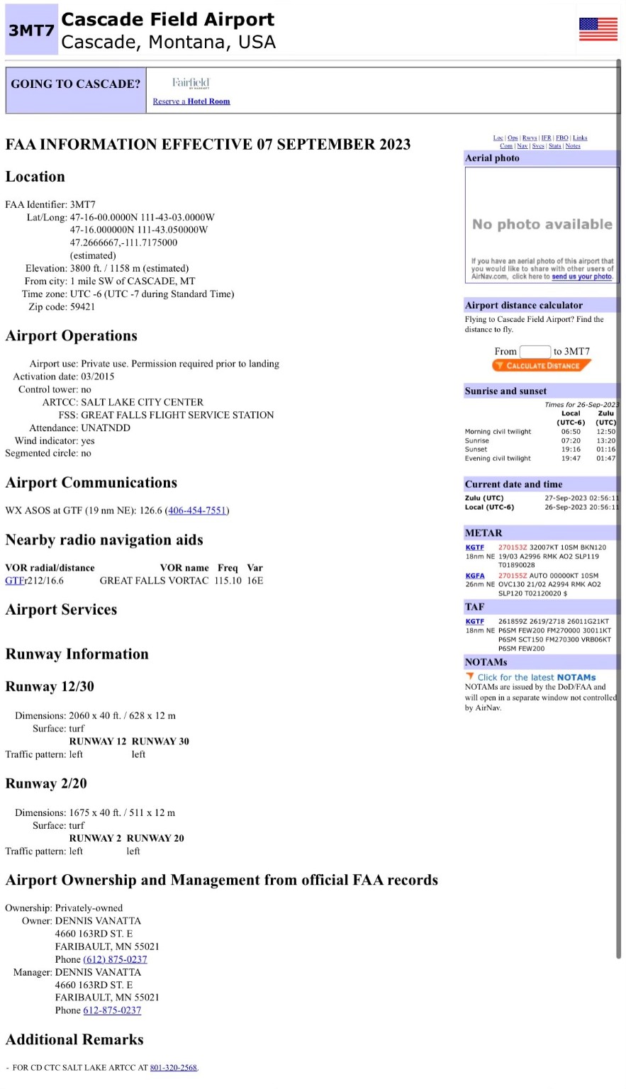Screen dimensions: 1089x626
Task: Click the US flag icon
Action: click(x=598, y=29)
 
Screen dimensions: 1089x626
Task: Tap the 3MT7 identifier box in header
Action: click(x=31, y=30)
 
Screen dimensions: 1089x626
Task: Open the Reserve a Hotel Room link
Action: click(x=191, y=101)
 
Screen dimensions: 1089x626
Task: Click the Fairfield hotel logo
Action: click(x=191, y=84)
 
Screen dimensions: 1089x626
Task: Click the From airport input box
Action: click(x=535, y=352)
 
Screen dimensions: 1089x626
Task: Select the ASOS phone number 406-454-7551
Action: click(x=197, y=510)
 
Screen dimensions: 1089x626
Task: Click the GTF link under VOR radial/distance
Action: click(x=14, y=581)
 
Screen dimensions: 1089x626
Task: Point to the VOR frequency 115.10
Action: click(x=228, y=581)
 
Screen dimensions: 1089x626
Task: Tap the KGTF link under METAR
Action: click(x=474, y=547)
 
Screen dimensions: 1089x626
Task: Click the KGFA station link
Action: click(x=474, y=576)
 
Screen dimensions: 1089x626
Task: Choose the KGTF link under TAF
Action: click(x=474, y=621)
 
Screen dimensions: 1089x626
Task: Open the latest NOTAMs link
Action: click(x=536, y=677)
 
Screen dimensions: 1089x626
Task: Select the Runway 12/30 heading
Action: click(x=50, y=686)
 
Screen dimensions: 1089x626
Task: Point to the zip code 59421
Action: click(x=82, y=307)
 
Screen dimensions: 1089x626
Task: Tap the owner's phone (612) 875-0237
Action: click(x=115, y=959)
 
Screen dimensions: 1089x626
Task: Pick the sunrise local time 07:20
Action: click(x=570, y=440)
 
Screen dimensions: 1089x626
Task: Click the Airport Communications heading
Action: click(x=91, y=483)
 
